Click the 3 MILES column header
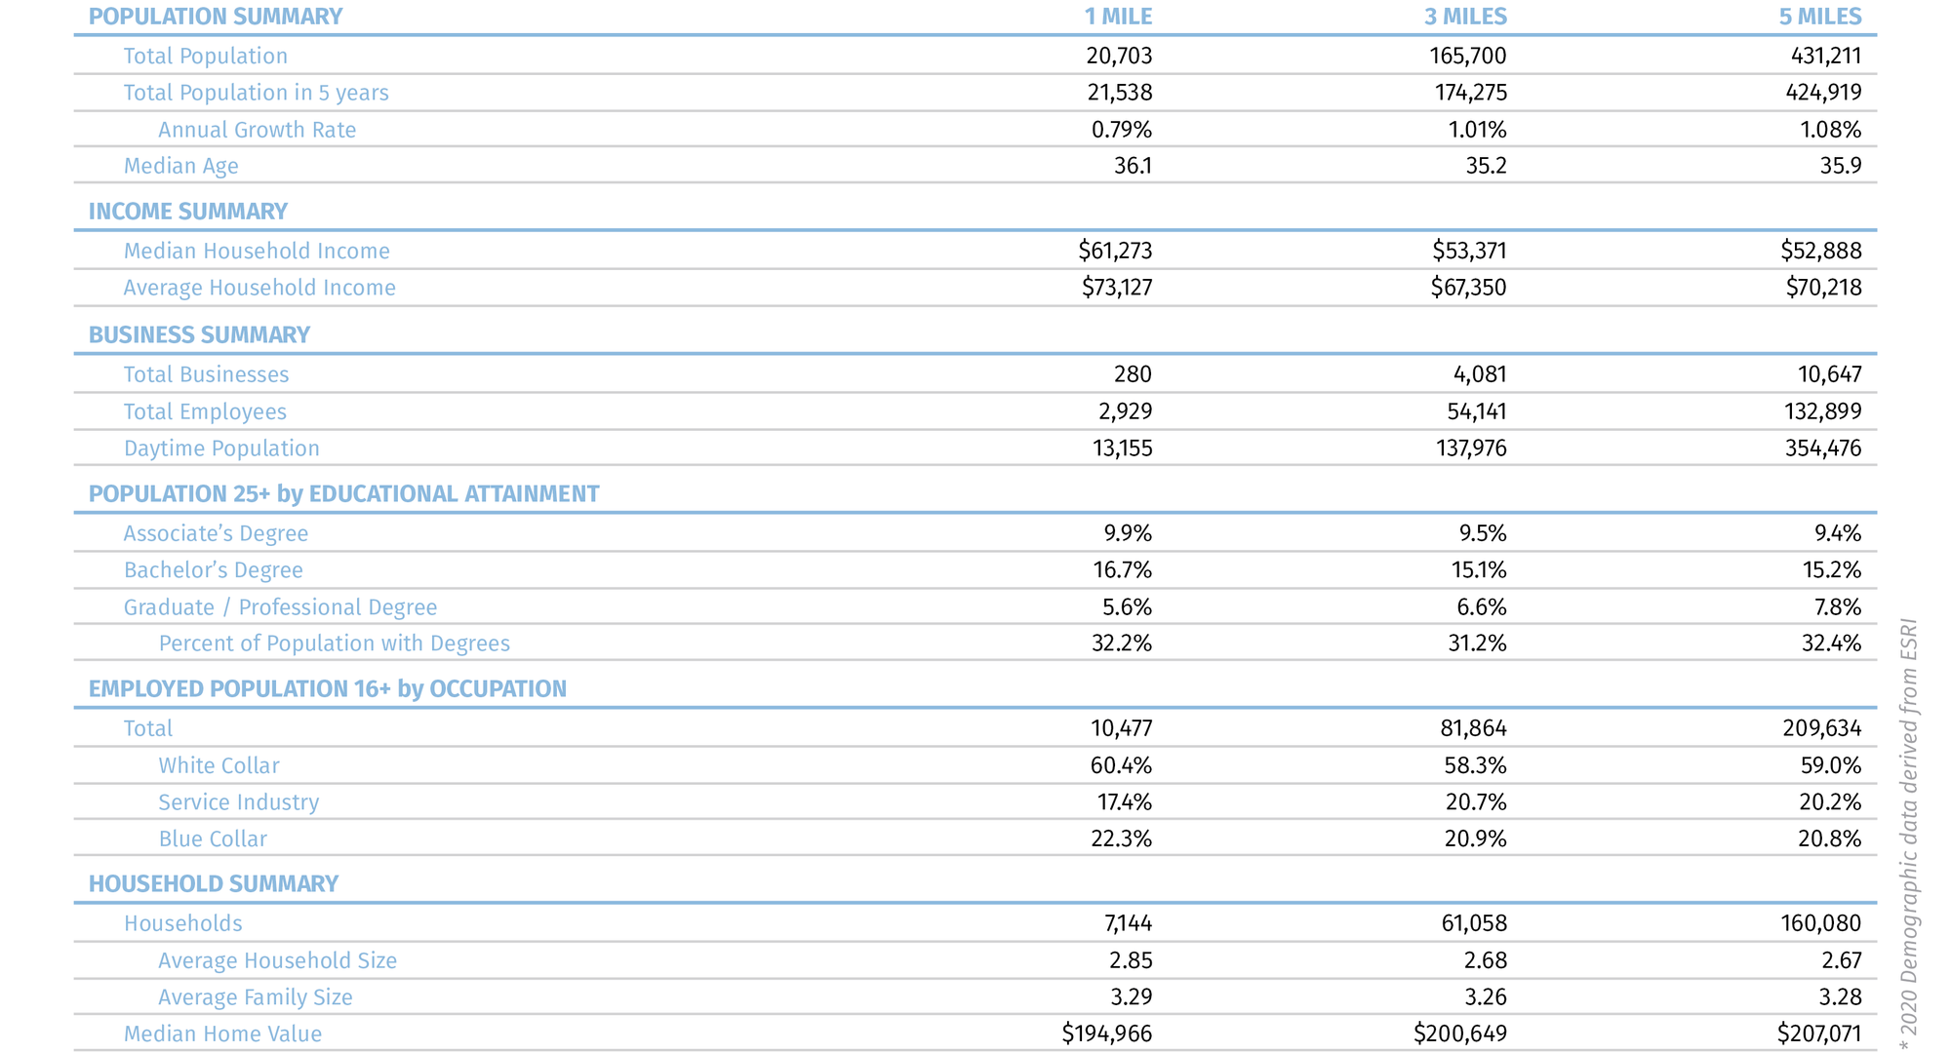1465,17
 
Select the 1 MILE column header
1118,17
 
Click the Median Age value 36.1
1133,166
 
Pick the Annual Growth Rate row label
257,130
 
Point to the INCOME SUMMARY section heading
188,212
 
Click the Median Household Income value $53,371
1469,251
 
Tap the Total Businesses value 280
1133,374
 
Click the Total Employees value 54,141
1476,411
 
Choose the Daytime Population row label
221,448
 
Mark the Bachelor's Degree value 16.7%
1122,570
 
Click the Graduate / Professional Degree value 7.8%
1837,607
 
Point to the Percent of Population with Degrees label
334,643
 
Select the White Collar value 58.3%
1475,765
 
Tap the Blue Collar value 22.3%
1121,838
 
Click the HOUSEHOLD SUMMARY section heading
214,883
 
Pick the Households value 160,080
1820,923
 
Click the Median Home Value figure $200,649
1459,1033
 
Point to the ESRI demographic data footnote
1909,834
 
